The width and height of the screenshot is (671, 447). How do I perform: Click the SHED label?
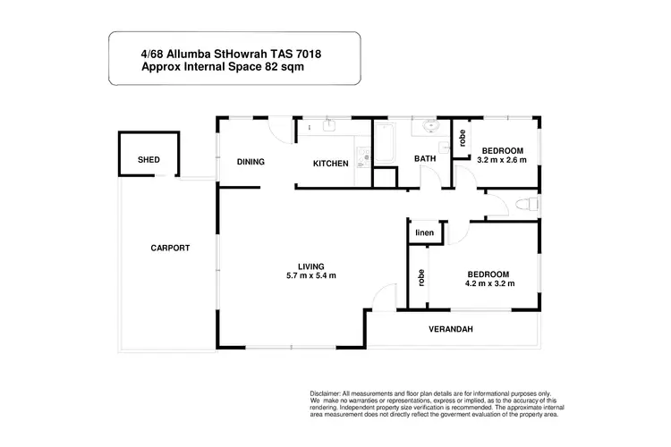pyautogui.click(x=149, y=160)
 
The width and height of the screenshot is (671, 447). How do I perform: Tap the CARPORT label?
pyautogui.click(x=169, y=248)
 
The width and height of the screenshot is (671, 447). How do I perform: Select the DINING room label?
pyautogui.click(x=251, y=163)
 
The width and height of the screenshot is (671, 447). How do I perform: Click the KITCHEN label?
pyautogui.click(x=329, y=164)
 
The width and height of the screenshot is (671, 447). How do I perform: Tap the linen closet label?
pyautogui.click(x=424, y=232)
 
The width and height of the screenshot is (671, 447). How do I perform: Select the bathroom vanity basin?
pyautogui.click(x=430, y=128)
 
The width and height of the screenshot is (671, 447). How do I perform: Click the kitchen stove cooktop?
pyautogui.click(x=361, y=160)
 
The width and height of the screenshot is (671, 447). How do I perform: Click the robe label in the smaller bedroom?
pyautogui.click(x=462, y=138)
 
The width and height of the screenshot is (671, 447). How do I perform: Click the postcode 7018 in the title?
pyautogui.click(x=304, y=54)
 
